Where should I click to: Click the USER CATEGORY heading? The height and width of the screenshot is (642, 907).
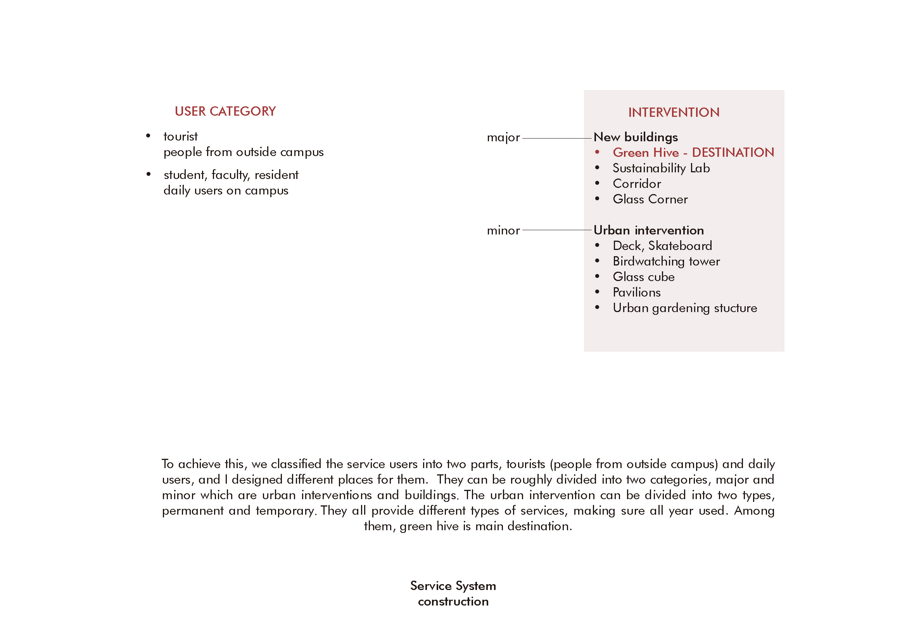pyautogui.click(x=225, y=111)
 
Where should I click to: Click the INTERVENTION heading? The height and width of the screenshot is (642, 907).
pyautogui.click(x=674, y=113)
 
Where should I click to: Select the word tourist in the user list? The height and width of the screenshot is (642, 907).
pyautogui.click(x=181, y=136)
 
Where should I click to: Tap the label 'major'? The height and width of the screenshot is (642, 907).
pyautogui.click(x=503, y=137)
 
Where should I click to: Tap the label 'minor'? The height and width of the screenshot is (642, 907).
pyautogui.click(x=503, y=231)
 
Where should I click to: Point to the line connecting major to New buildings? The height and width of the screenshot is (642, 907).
pyautogui.click(x=557, y=138)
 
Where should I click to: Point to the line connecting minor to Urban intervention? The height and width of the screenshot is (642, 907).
pyautogui.click(x=557, y=230)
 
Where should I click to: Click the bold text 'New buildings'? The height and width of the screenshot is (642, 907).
pyautogui.click(x=636, y=137)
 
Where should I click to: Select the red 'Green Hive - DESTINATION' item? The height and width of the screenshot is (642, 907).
pyautogui.click(x=693, y=153)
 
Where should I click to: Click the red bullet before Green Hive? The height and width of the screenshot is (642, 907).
pyautogui.click(x=597, y=152)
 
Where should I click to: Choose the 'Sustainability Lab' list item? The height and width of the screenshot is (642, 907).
pyautogui.click(x=661, y=168)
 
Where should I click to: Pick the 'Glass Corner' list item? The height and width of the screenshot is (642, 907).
pyautogui.click(x=650, y=199)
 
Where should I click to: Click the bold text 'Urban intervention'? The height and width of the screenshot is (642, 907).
pyautogui.click(x=649, y=231)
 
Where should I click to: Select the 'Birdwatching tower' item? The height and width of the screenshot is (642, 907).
pyautogui.click(x=666, y=262)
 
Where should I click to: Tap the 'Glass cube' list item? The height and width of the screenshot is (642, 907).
pyautogui.click(x=644, y=277)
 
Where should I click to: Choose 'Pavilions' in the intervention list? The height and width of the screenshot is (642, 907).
pyautogui.click(x=636, y=293)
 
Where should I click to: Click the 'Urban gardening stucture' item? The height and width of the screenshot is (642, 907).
pyautogui.click(x=684, y=308)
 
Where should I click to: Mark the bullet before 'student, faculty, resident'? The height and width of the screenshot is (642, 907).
pyautogui.click(x=149, y=174)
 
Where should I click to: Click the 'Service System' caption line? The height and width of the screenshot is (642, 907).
pyautogui.click(x=453, y=586)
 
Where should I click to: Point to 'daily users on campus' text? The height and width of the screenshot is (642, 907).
pyautogui.click(x=226, y=191)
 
